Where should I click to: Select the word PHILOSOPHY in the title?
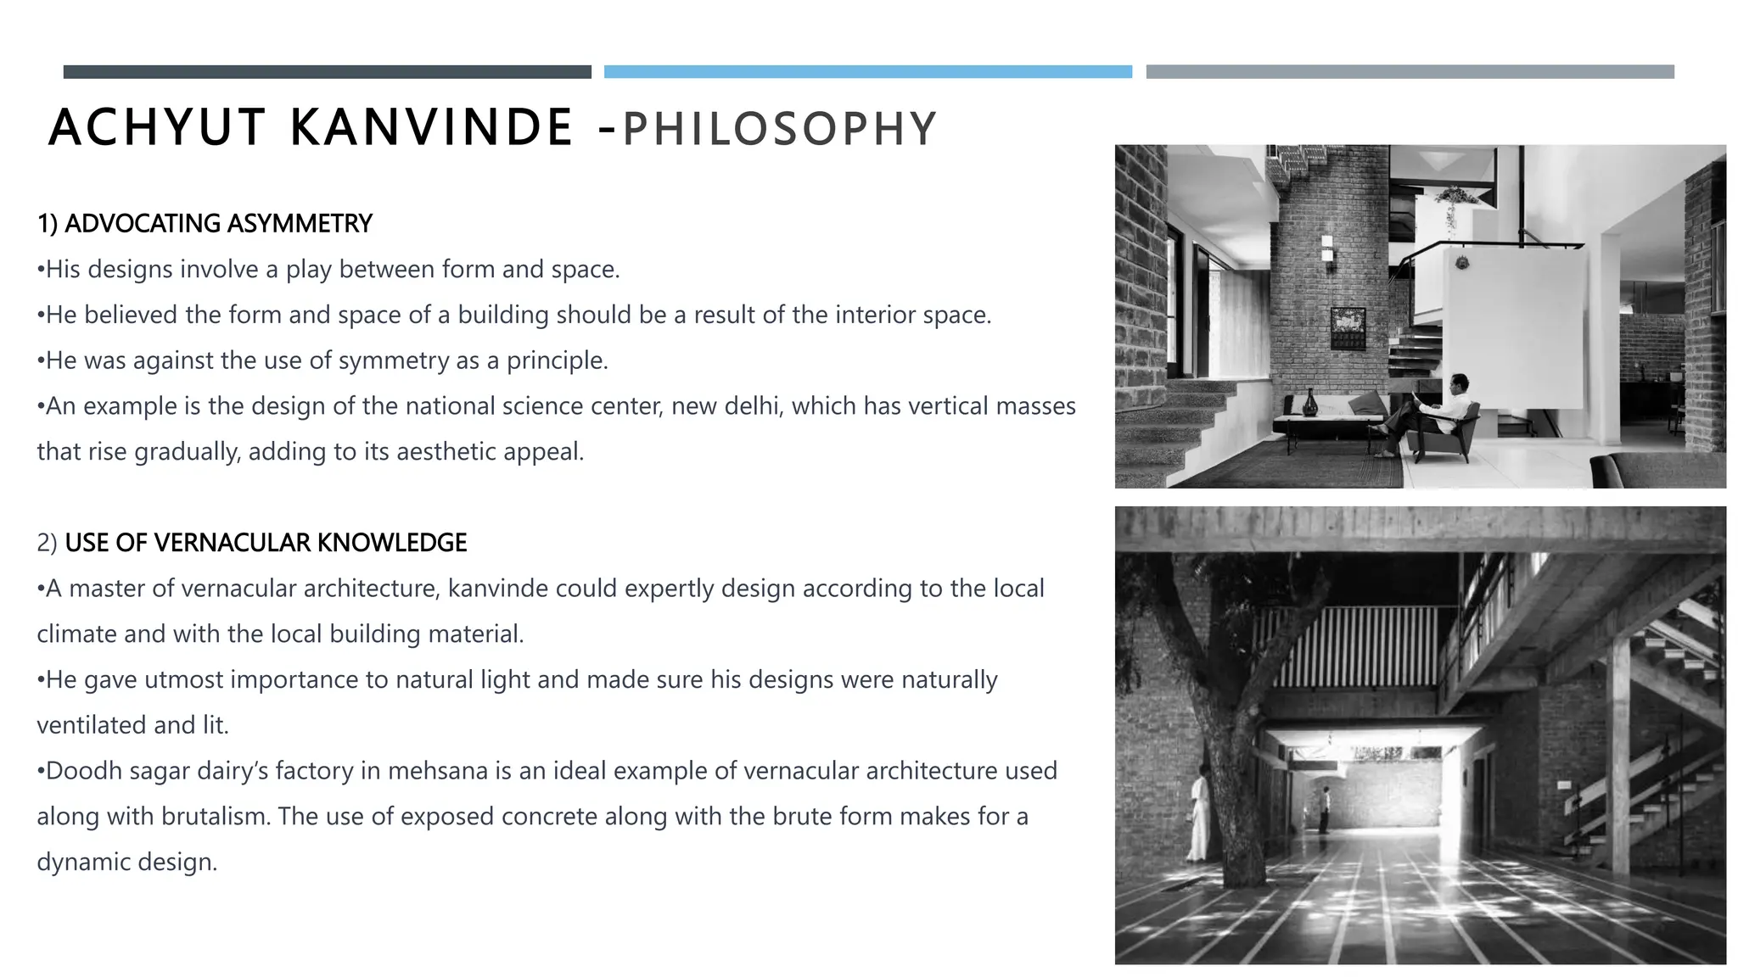[x=780, y=130]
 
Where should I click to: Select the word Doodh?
[x=81, y=771]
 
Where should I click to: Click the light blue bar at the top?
[x=867, y=72]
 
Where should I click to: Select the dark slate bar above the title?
[x=327, y=72]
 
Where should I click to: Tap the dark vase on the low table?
[x=1310, y=403]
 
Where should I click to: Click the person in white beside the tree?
[x=1200, y=814]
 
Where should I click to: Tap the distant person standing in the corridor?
[x=1325, y=810]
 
